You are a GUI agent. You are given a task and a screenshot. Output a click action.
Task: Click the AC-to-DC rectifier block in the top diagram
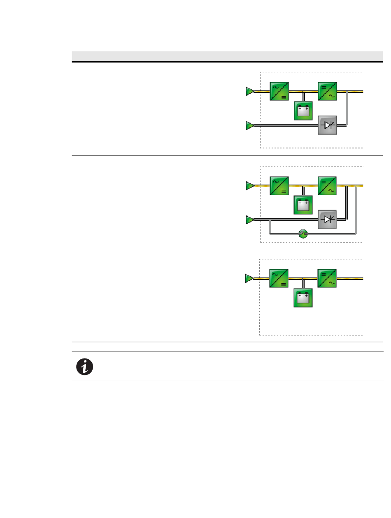[x=279, y=91]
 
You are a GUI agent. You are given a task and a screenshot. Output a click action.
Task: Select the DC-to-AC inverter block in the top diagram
[x=328, y=91]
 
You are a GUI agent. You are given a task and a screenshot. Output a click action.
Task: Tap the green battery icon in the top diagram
[x=303, y=111]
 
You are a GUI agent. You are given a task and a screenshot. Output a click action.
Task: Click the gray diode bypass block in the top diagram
[x=328, y=125]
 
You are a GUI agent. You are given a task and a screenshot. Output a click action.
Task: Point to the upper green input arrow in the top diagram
[x=249, y=91]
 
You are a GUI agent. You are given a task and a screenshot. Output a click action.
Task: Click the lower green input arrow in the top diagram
[x=249, y=125]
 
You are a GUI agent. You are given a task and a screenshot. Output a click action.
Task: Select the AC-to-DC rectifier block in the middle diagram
[x=279, y=186]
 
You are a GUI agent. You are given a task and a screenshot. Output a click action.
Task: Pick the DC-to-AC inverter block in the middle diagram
[x=328, y=186]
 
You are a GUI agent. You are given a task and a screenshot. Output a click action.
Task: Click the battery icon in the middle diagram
[x=303, y=205]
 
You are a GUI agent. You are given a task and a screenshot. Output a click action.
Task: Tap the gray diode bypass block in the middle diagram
[x=328, y=220]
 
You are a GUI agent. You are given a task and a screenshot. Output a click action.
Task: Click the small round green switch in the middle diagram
[x=303, y=234]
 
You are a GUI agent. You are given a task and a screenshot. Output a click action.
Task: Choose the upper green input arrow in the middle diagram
[x=249, y=186]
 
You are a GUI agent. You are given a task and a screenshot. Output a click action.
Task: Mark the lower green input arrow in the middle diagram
[x=249, y=220]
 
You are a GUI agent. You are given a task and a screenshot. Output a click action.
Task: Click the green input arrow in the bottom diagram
[x=249, y=279]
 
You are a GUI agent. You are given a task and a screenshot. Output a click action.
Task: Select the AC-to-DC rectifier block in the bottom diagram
[x=279, y=279]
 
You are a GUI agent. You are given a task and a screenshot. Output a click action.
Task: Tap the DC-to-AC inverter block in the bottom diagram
[x=327, y=279]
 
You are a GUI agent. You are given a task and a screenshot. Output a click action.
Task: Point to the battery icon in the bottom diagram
[x=303, y=298]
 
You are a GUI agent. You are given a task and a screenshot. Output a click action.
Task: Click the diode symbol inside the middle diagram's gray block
[x=328, y=220]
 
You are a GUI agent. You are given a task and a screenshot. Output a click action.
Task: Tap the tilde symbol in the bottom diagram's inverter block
[x=331, y=284]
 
